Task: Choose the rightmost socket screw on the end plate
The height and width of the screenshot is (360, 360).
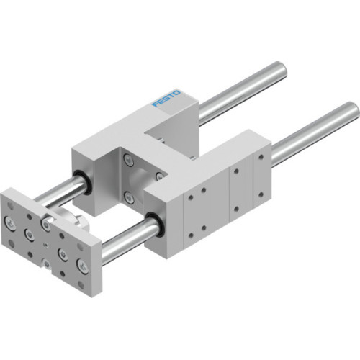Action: (x=83, y=268)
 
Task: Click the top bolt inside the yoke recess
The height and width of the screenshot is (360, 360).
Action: (x=129, y=161)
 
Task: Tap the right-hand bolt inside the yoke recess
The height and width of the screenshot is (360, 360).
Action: (x=158, y=176)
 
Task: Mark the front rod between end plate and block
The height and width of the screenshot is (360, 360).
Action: (x=126, y=240)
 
